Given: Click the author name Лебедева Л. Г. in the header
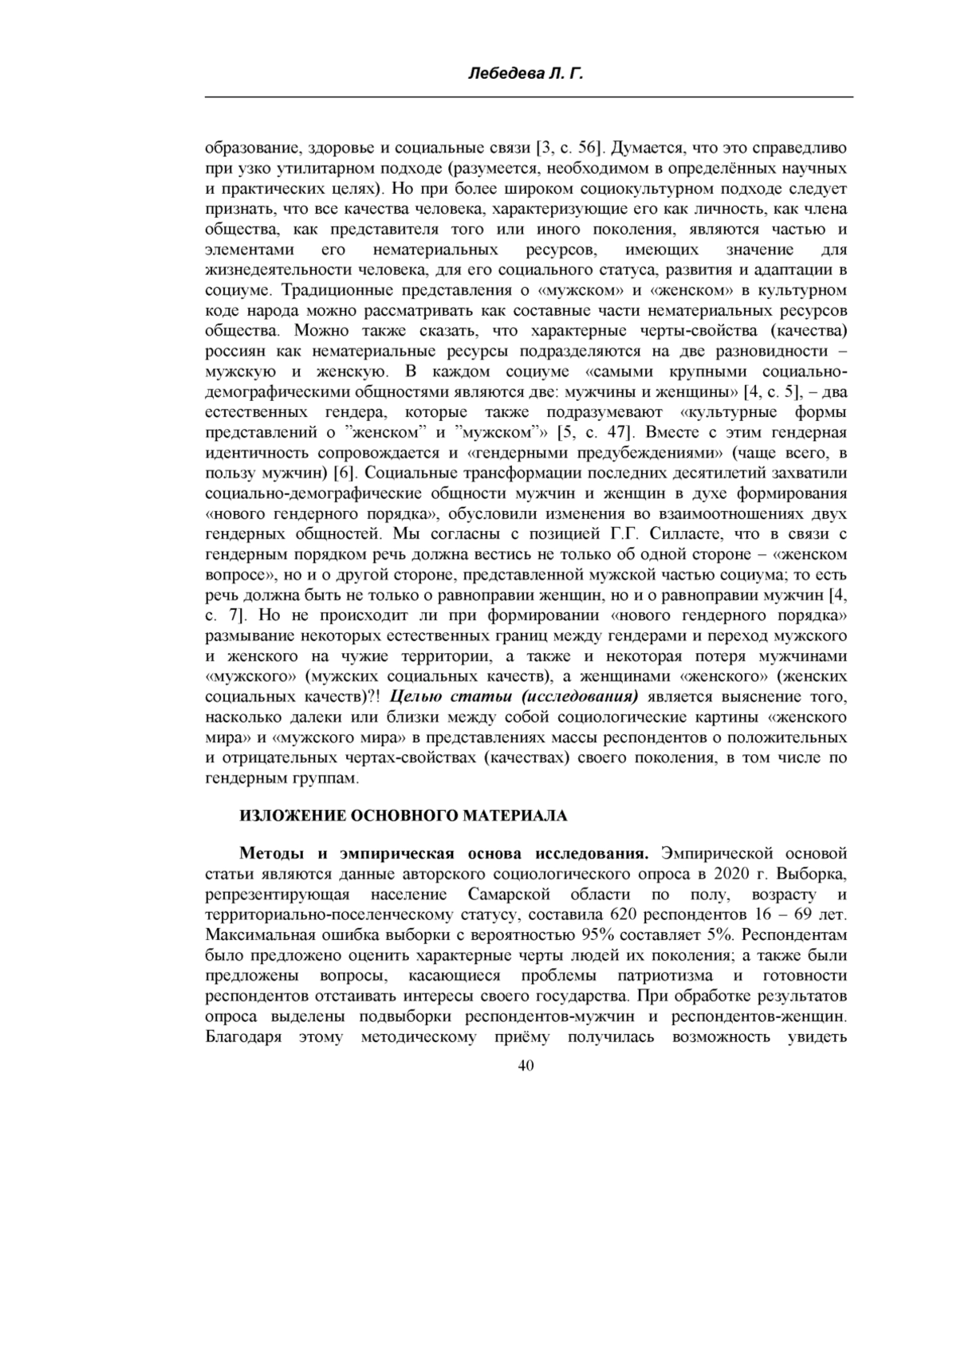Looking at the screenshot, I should point(526,74).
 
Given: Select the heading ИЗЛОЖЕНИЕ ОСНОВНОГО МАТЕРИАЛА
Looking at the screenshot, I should point(404,816).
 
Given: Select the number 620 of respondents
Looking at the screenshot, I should point(622,914).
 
